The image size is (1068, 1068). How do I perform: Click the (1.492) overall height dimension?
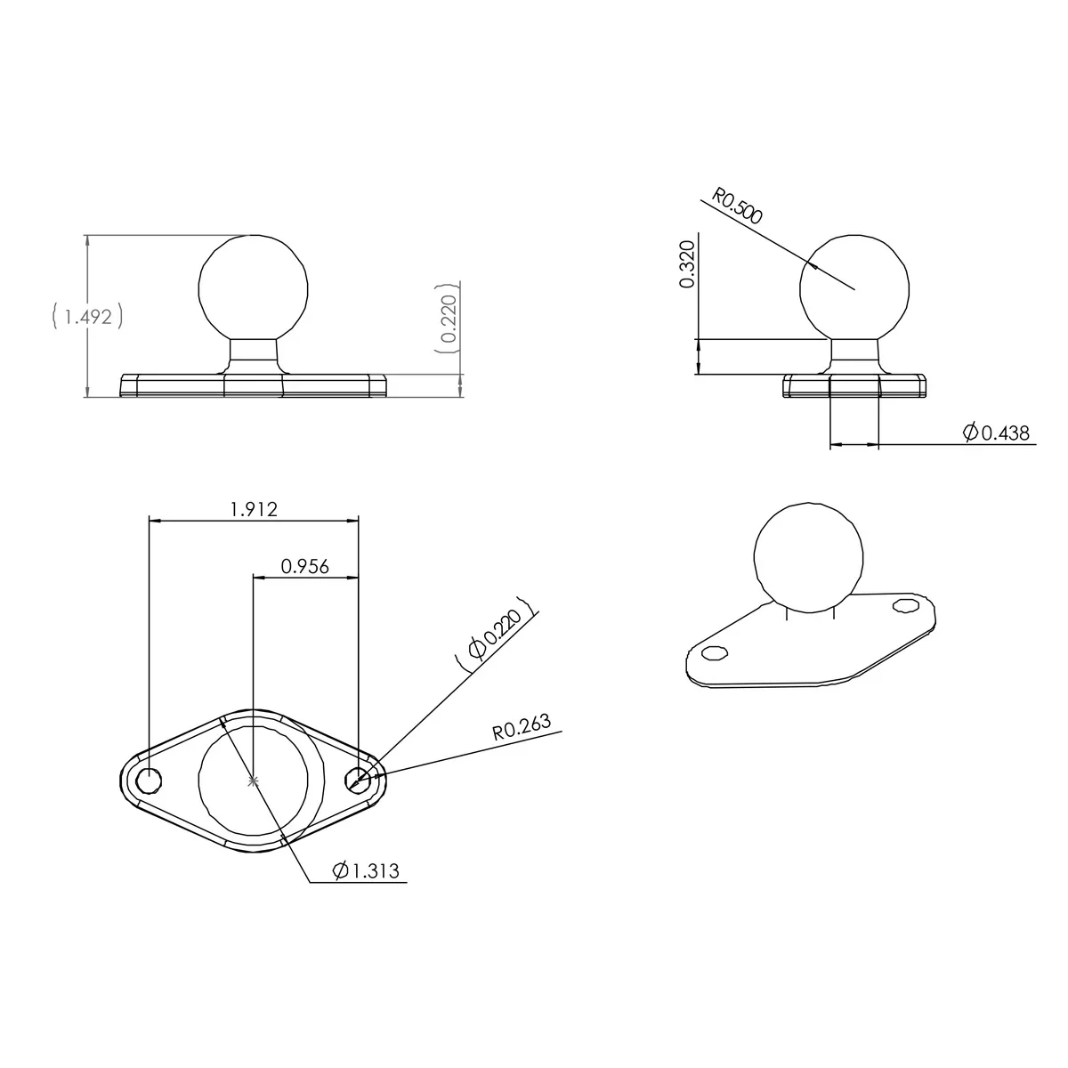coord(86,316)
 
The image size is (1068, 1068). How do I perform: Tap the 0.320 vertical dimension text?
coord(687,264)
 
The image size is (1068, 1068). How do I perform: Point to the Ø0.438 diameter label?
coord(996,433)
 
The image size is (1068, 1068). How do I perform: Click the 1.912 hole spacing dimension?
coord(254,509)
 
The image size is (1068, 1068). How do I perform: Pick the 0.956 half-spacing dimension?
coord(304,566)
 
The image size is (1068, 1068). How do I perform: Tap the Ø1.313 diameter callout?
coord(365,870)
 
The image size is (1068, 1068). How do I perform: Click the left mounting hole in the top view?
coord(149,781)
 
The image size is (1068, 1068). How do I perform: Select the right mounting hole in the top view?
coord(358,780)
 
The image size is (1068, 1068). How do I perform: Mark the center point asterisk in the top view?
coord(254,781)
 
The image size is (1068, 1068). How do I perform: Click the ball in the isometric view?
coord(808,557)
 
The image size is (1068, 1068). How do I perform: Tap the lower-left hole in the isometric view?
coord(712,654)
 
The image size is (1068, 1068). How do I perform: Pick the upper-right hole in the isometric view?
coord(906,605)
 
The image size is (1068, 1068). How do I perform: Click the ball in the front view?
coord(254,287)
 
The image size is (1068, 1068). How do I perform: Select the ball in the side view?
coord(854,288)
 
